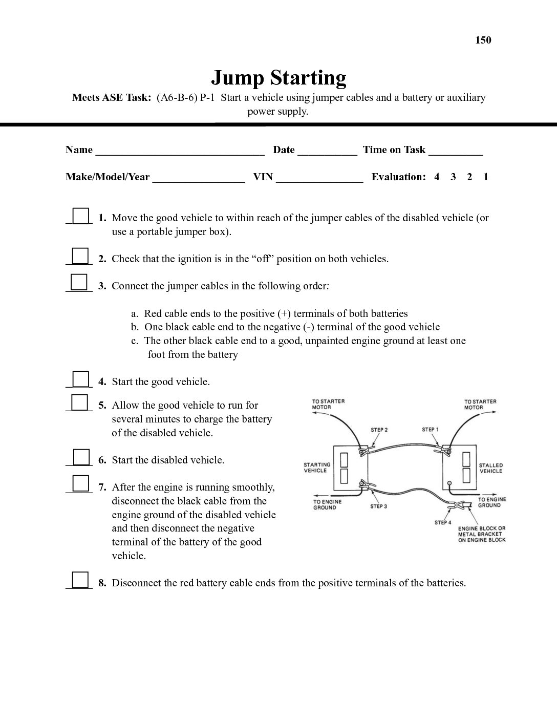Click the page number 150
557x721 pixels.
tap(483, 40)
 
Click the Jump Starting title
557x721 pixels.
tap(278, 78)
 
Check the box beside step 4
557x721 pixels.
tap(80, 379)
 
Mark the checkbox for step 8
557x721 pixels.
tap(80, 580)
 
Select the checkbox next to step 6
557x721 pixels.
tap(80, 457)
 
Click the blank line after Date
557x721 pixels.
tap(327, 152)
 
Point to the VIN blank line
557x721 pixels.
tap(319, 179)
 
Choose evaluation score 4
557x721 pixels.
tap(437, 177)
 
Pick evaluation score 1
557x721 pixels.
tap(486, 177)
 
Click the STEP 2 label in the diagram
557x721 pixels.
tap(379, 430)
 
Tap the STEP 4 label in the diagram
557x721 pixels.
tap(443, 522)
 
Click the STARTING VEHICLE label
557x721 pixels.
tap(317, 468)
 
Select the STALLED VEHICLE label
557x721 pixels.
tap(491, 468)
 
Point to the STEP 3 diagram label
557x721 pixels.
tap(378, 506)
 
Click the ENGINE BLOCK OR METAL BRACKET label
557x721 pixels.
tap(481, 534)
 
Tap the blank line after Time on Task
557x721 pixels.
tap(456, 152)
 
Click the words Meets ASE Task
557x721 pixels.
tap(112, 97)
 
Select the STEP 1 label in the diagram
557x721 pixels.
tap(430, 430)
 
